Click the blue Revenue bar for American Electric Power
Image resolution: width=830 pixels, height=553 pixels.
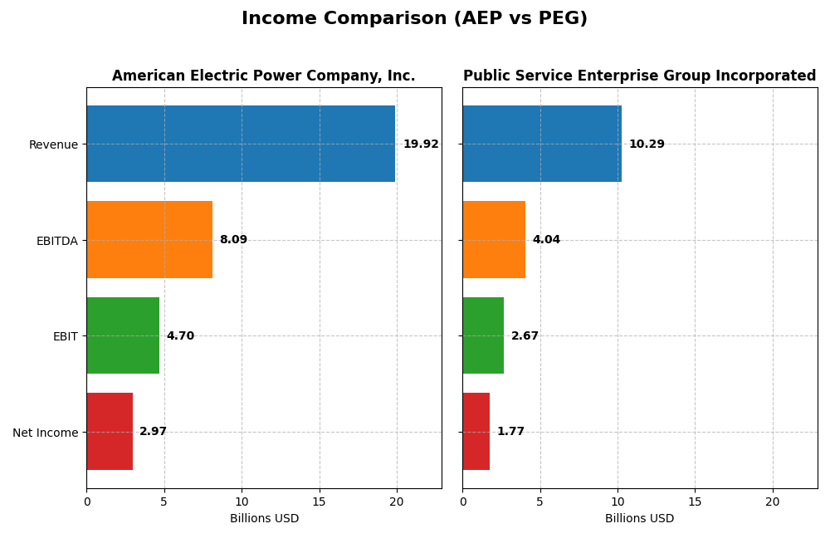pyautogui.click(x=241, y=144)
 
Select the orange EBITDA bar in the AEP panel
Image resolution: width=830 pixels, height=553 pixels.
pyautogui.click(x=149, y=240)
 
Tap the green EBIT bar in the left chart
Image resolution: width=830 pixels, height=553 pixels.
pyautogui.click(x=123, y=335)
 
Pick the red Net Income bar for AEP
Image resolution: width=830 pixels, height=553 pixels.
pyautogui.click(x=110, y=432)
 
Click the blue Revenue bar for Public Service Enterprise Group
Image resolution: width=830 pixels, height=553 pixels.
pyautogui.click(x=542, y=144)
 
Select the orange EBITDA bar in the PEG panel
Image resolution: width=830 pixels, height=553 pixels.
pyautogui.click(x=494, y=240)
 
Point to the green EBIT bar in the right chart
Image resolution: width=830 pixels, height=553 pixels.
pyautogui.click(x=483, y=335)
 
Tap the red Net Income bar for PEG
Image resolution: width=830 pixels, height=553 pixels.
pyautogui.click(x=476, y=432)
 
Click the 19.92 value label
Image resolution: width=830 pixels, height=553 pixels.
pyautogui.click(x=421, y=144)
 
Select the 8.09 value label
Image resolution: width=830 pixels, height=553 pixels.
pyautogui.click(x=233, y=240)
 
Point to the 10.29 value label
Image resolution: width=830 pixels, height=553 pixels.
pyautogui.click(x=647, y=144)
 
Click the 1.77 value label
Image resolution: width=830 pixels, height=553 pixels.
pyautogui.click(x=510, y=432)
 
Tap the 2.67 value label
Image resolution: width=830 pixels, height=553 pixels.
pyautogui.click(x=525, y=336)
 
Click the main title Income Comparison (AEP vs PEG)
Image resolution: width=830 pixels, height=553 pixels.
pyautogui.click(x=414, y=19)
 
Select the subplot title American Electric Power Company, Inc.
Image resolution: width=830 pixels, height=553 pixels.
pyautogui.click(x=264, y=76)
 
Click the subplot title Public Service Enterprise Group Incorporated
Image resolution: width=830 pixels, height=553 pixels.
pyautogui.click(x=639, y=76)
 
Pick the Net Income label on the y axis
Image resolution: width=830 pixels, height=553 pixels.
pyautogui.click(x=46, y=433)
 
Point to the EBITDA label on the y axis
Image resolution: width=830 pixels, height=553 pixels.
pyautogui.click(x=57, y=241)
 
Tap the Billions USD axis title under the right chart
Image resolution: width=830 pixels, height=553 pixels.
pyautogui.click(x=639, y=519)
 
